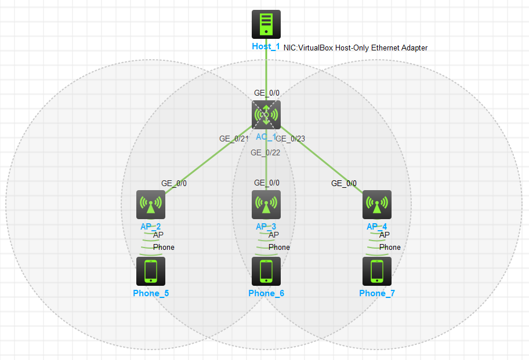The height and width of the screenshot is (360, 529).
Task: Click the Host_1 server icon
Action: tap(266, 24)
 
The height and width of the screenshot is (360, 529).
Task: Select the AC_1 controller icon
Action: tap(266, 114)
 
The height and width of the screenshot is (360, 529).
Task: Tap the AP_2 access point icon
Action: tap(151, 205)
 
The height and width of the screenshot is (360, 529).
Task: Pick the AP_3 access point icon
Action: tap(266, 205)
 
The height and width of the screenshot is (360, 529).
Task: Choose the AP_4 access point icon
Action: tap(377, 205)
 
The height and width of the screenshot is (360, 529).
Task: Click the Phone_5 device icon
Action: tap(151, 271)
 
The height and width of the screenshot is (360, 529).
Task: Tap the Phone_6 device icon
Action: tap(266, 271)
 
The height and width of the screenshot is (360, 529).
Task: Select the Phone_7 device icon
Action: tap(377, 271)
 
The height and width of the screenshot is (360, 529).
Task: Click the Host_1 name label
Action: tap(266, 46)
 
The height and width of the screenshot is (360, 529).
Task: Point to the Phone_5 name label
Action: tap(151, 293)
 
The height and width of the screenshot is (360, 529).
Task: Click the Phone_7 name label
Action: tap(377, 293)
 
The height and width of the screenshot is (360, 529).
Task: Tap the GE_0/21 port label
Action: tap(234, 139)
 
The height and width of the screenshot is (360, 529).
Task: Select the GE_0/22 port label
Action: tap(266, 152)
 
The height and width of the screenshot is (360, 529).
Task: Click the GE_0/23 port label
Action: tap(291, 139)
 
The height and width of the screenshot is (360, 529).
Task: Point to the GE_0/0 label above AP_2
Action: tap(174, 184)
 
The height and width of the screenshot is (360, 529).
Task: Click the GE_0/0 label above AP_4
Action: tap(344, 184)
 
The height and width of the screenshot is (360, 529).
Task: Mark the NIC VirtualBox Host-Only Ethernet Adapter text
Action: tap(356, 48)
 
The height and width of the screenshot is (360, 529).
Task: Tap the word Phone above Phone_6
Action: tap(279, 248)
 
